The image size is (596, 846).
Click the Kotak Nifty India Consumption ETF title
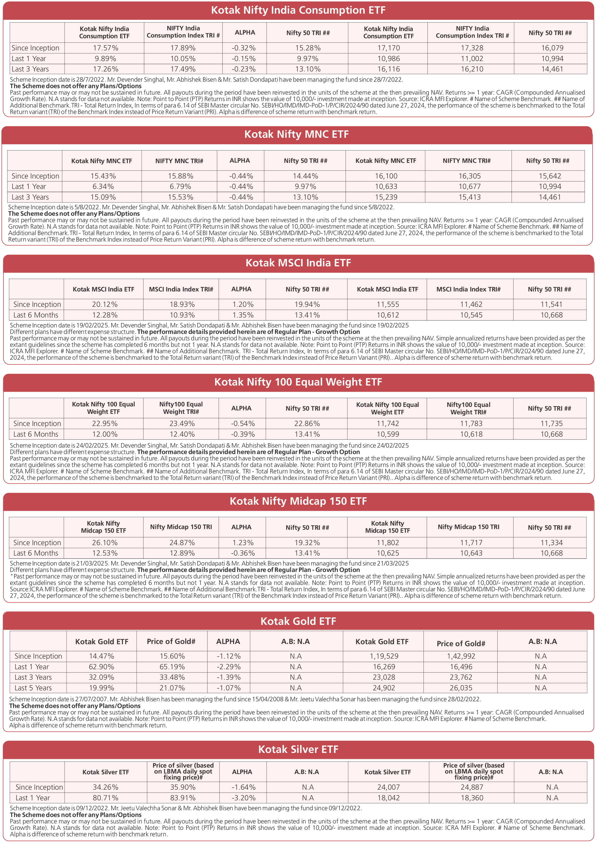(298, 10)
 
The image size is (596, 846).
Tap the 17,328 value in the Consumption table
(472, 48)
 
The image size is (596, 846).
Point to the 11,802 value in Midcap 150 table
(387, 543)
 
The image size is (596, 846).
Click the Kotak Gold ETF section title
(298, 622)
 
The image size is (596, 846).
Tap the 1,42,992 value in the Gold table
(461, 656)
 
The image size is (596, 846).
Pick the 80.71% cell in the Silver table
(105, 798)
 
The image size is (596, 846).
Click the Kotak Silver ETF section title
(298, 749)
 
